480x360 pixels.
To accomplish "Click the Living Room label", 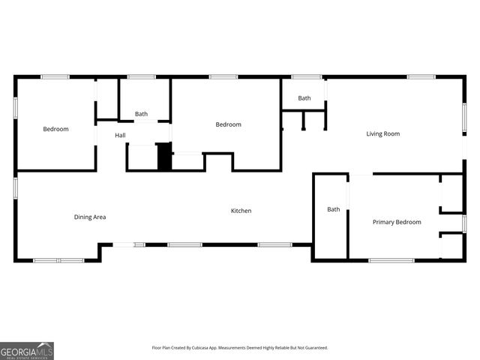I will pos(382,134).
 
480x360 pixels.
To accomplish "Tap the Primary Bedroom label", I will pos(397,222).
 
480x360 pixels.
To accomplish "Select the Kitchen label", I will pos(241,211).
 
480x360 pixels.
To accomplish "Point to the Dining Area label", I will pos(90,217).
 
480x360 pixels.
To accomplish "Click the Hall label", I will pos(120,136).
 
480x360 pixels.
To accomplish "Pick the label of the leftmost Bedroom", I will pos(55,130).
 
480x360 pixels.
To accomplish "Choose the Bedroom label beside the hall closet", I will pos(229,124).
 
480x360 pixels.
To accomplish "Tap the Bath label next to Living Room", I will pos(304,98).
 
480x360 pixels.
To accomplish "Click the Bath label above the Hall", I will pos(141,114).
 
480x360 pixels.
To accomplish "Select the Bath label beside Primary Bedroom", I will pos(334,209).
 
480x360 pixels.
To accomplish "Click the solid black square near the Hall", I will pos(164,157).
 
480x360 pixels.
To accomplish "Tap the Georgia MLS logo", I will pos(27,350).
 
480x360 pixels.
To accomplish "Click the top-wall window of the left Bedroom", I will pos(55,76).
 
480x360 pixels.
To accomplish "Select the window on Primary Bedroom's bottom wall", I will pos(391,260).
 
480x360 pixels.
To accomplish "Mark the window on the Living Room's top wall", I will pos(421,76).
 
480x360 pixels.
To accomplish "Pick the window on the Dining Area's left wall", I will pos(15,187).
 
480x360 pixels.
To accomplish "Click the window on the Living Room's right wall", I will pos(464,118).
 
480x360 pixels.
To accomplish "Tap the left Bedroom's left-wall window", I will pos(15,106).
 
